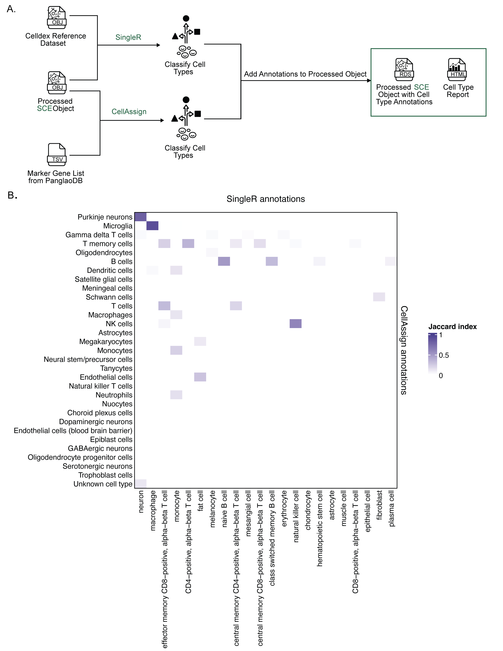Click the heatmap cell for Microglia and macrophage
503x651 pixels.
pos(152,226)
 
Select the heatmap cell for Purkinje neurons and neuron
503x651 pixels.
pos(140,217)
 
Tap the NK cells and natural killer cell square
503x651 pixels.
pos(295,323)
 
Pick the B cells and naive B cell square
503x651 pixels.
pos(224,261)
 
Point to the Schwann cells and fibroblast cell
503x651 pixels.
pos(379,297)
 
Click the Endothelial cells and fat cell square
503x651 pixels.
pos(200,377)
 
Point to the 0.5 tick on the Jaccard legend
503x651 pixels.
pos(444,355)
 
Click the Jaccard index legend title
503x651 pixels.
pos(452,327)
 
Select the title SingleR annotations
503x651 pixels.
pos(266,199)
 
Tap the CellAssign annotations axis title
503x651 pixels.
pos(404,350)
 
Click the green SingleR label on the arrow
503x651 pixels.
pos(128,37)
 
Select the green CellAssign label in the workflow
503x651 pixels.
pos(129,111)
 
